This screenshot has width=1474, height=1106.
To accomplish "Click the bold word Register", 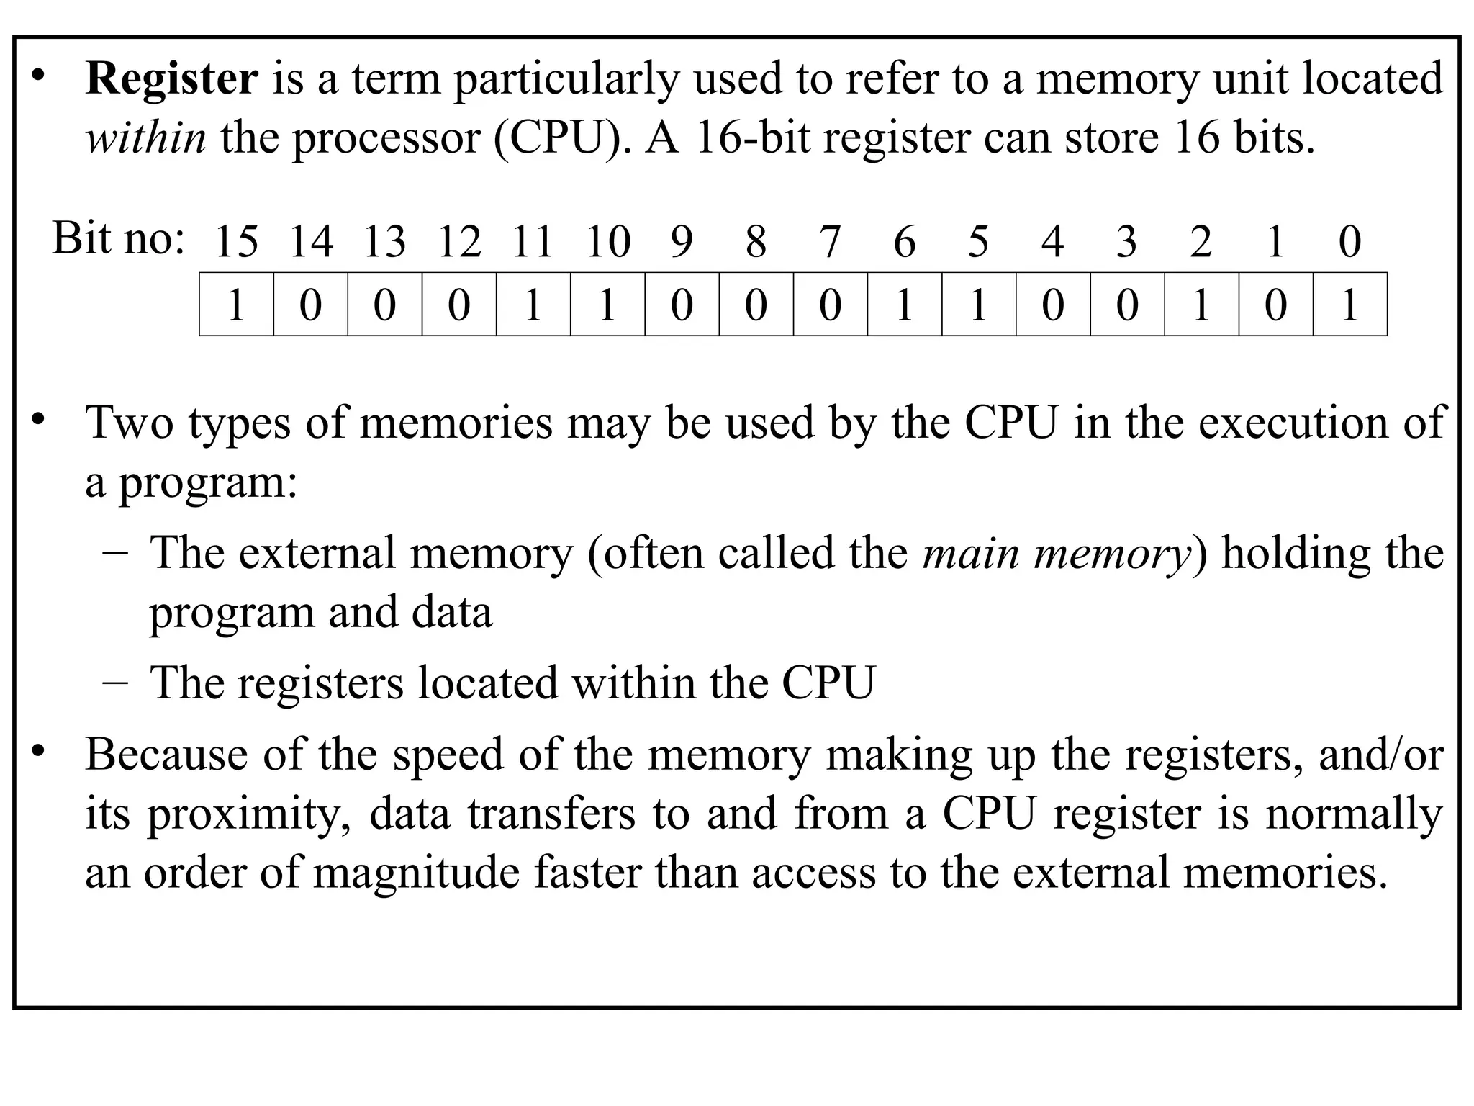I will pos(171,79).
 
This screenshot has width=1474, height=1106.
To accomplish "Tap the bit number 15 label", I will pos(236,241).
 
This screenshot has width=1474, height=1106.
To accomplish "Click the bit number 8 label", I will pos(756,241).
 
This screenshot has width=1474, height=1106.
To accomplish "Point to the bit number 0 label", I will pos(1349,241).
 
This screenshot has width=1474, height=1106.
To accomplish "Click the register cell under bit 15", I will pos(236,305).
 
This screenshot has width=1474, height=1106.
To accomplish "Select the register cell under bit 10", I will pos(607,305).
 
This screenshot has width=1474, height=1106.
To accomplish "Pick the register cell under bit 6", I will pos(905,305).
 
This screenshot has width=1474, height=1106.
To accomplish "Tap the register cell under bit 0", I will pos(1350,305).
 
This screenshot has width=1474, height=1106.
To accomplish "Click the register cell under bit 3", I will pos(1127,305).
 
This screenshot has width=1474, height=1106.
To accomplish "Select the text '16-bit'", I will pos(752,138).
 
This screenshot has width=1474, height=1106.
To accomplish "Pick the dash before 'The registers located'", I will pos(115,683).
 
